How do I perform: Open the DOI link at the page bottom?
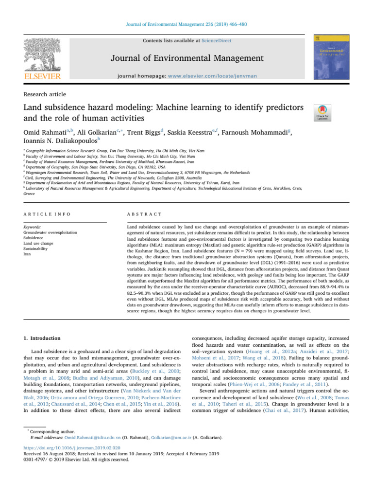(79, 465)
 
